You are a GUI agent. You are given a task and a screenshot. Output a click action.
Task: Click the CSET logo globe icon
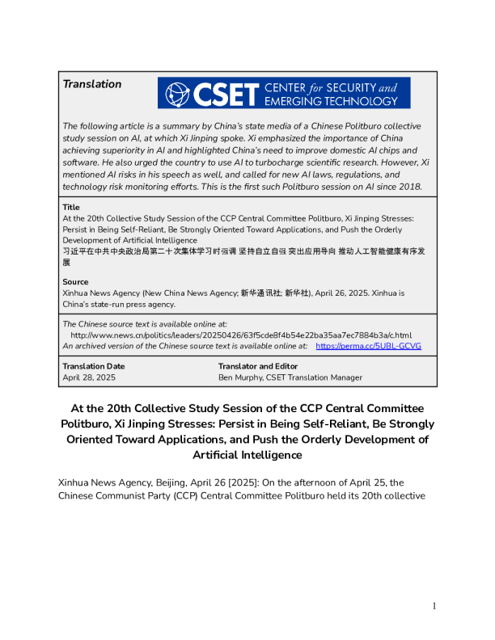pyautogui.click(x=174, y=93)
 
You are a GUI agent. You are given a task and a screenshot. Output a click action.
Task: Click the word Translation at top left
pyautogui.click(x=92, y=84)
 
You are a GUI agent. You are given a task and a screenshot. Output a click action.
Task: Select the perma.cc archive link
pyautogui.click(x=368, y=346)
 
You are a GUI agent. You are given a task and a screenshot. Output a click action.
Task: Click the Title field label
pyautogui.click(x=71, y=208)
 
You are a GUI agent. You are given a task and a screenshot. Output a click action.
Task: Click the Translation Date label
pyautogui.click(x=94, y=366)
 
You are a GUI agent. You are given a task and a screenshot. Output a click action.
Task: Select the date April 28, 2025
pyautogui.click(x=89, y=377)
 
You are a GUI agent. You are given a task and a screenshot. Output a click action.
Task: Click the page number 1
pyautogui.click(x=434, y=605)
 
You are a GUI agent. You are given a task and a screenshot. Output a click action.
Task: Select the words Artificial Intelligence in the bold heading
pyautogui.click(x=247, y=455)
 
